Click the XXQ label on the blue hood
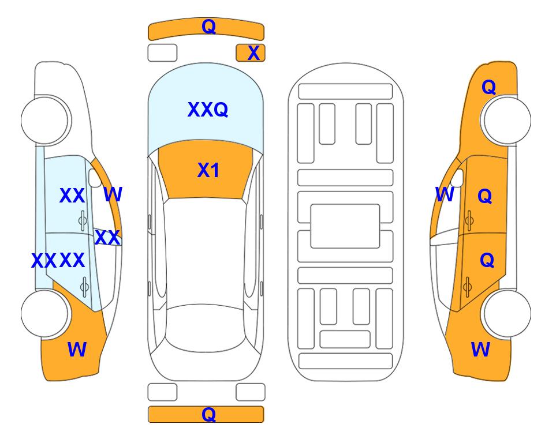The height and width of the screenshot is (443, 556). pos(208,110)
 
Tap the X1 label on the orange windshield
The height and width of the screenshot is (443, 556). pos(208,170)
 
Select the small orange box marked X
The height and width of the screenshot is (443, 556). pos(251,53)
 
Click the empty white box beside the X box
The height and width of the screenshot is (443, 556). pos(162,53)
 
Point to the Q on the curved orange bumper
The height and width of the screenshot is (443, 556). pos(208,27)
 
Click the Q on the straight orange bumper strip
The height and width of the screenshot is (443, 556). pos(208,414)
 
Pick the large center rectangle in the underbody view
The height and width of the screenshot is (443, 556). pos(345,226)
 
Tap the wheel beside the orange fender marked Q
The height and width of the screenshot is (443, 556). pos(506,121)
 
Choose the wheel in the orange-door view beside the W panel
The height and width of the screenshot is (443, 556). pos(506,314)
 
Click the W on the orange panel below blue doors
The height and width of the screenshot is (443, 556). pos(77,350)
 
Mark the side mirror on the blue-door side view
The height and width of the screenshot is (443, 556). pos(95,178)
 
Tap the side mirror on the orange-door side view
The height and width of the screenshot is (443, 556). pos(457,178)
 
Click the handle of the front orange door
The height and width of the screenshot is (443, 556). pos(469,220)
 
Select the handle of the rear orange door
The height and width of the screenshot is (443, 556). pos(467,287)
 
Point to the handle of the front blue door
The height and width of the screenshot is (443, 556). pos(83,220)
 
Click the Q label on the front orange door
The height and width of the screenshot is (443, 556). pos(485,196)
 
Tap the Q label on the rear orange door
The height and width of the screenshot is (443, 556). pos(487,261)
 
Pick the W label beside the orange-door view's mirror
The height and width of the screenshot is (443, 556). pos(445,194)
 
